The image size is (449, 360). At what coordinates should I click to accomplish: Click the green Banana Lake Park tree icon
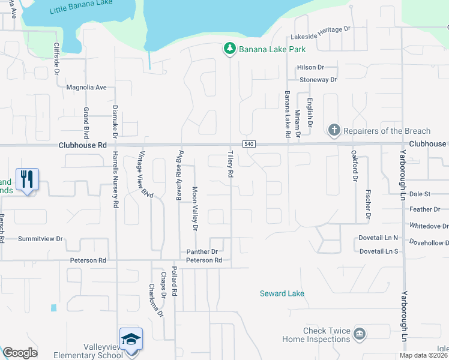click(229, 49)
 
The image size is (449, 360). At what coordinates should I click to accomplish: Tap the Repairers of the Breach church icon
click(334, 130)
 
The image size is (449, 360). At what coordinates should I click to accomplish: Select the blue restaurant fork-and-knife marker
click(27, 179)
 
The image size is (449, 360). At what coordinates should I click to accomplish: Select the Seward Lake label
click(282, 293)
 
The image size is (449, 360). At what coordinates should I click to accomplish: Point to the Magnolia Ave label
click(86, 88)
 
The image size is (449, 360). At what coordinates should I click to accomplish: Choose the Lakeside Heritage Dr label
click(321, 29)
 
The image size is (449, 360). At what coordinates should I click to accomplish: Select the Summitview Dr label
click(41, 239)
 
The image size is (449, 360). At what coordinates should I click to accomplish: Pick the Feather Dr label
click(425, 209)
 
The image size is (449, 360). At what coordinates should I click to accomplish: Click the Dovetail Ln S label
click(379, 251)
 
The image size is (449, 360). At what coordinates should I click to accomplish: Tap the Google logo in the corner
click(20, 353)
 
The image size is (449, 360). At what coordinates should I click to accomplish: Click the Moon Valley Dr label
click(194, 208)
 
